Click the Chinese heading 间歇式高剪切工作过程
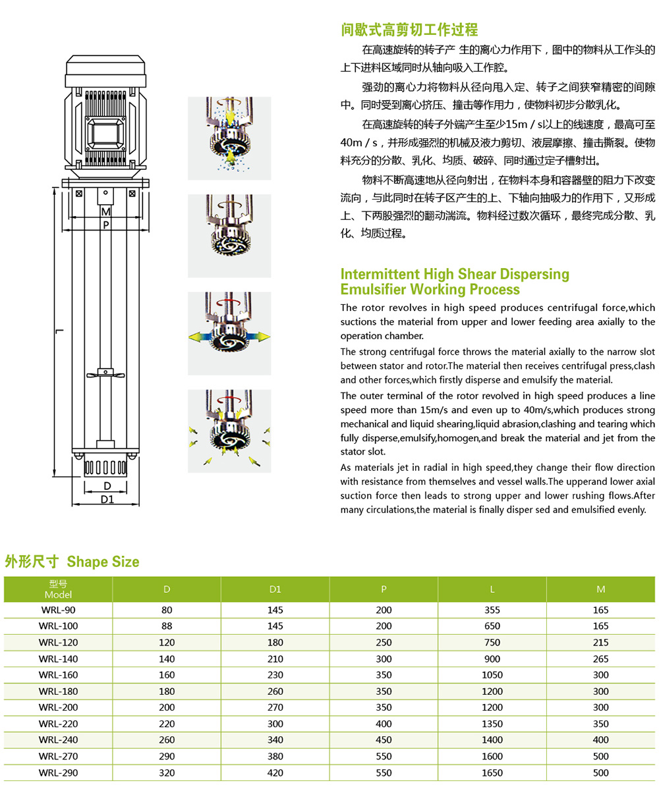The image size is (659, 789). tap(409, 30)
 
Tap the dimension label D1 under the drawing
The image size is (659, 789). tap(106, 499)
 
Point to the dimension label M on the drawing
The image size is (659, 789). tap(105, 211)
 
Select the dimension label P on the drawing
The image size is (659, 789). tap(105, 225)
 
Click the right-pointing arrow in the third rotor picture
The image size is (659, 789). tap(262, 337)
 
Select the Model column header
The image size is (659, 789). tap(58, 589)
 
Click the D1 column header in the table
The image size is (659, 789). tap(275, 589)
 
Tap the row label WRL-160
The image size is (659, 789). tap(58, 675)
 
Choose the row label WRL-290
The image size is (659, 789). tap(58, 773)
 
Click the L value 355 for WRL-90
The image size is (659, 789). tap(492, 611)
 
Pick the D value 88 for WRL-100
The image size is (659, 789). tap(167, 626)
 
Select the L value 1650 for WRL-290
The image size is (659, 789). tap(492, 773)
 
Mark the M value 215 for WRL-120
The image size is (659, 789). tap(600, 643)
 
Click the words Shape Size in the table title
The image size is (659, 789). tap(103, 562)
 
